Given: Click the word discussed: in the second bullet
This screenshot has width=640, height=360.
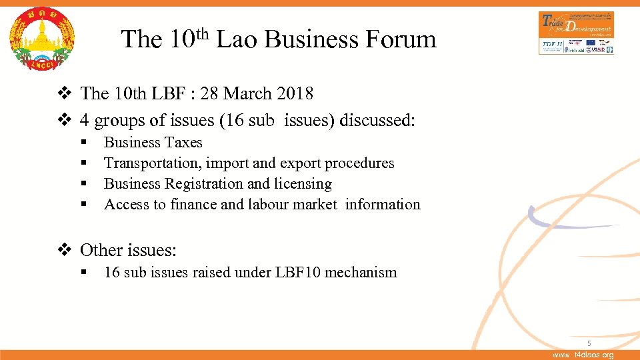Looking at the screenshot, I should click(x=377, y=121).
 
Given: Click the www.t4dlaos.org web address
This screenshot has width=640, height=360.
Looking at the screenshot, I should click(x=583, y=355).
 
